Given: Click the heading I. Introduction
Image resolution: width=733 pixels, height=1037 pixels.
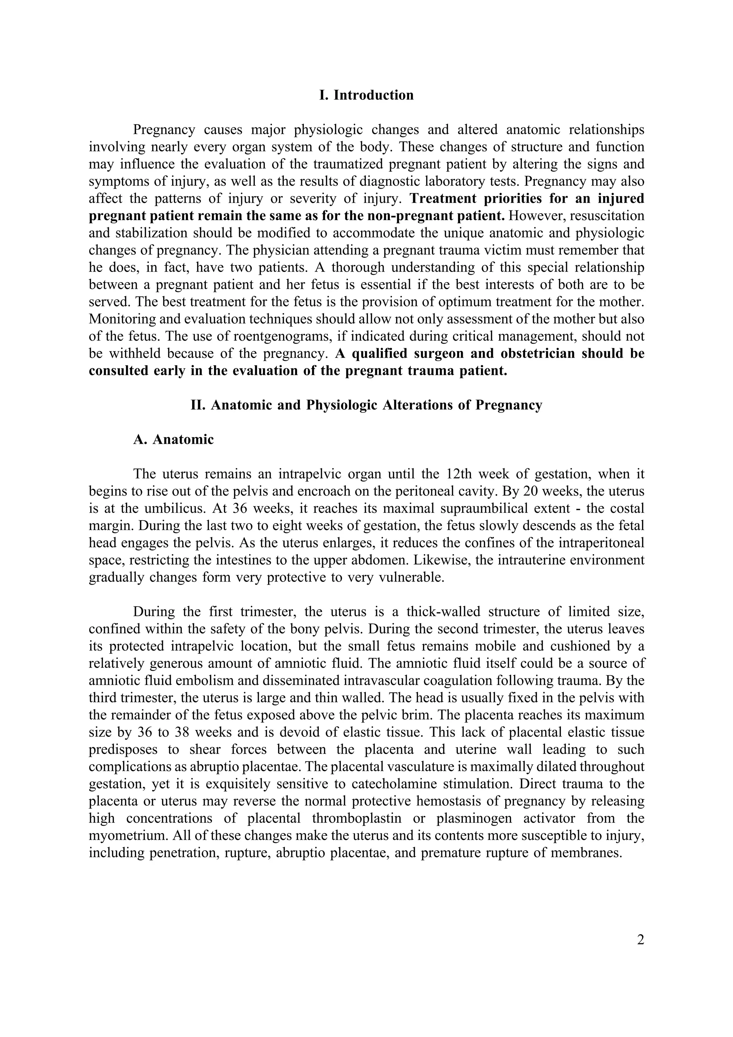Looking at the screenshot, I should tap(366, 95).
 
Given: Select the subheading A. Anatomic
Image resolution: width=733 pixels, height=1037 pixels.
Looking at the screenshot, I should tap(174, 439).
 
